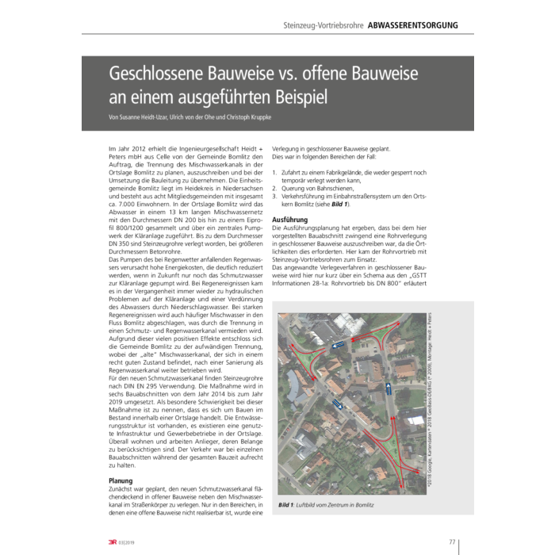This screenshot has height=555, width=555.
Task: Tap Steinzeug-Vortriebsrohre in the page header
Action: (323, 25)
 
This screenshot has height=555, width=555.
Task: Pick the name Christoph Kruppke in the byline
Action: (251, 119)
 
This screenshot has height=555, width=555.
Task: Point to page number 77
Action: (452, 542)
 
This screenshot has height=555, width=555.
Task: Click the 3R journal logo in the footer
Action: (113, 542)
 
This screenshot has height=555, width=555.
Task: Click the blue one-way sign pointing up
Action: (388, 388)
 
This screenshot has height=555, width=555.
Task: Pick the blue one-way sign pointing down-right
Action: (336, 405)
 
